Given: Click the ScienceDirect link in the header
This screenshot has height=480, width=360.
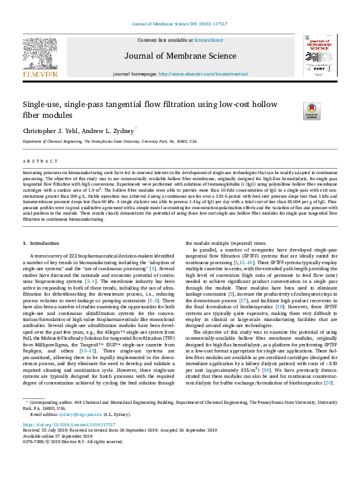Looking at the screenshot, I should (209, 40).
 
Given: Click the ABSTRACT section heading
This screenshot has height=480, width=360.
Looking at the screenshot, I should (41, 162).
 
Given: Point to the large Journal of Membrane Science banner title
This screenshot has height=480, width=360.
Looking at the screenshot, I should (180, 56).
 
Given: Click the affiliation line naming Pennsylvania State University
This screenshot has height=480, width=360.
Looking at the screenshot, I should (110, 141).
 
